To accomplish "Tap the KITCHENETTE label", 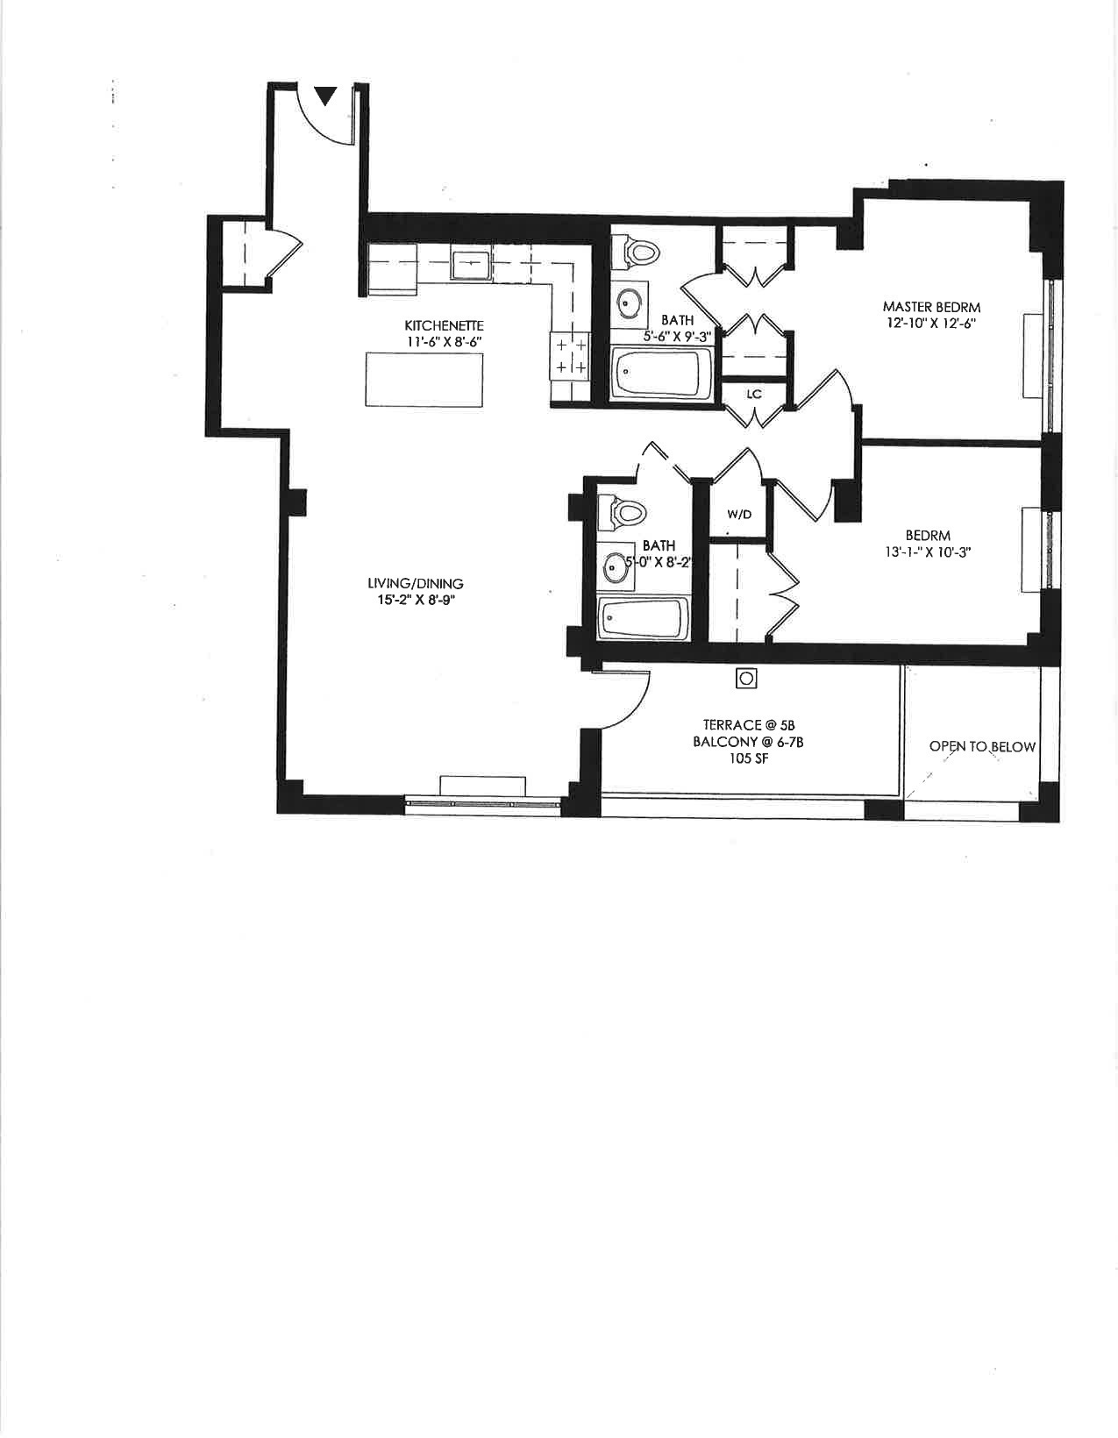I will click(444, 325).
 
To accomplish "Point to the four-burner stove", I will click(570, 356).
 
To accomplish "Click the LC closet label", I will click(754, 395).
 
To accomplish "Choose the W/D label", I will click(739, 515).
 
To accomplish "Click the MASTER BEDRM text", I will click(931, 307).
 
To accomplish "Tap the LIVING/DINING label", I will click(415, 583).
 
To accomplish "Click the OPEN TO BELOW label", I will click(982, 747).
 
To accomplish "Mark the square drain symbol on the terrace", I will click(746, 679).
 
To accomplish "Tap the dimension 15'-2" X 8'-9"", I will click(415, 600).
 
